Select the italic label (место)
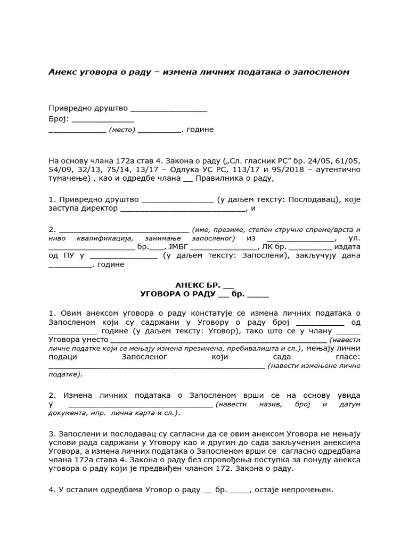[x=122, y=130]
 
